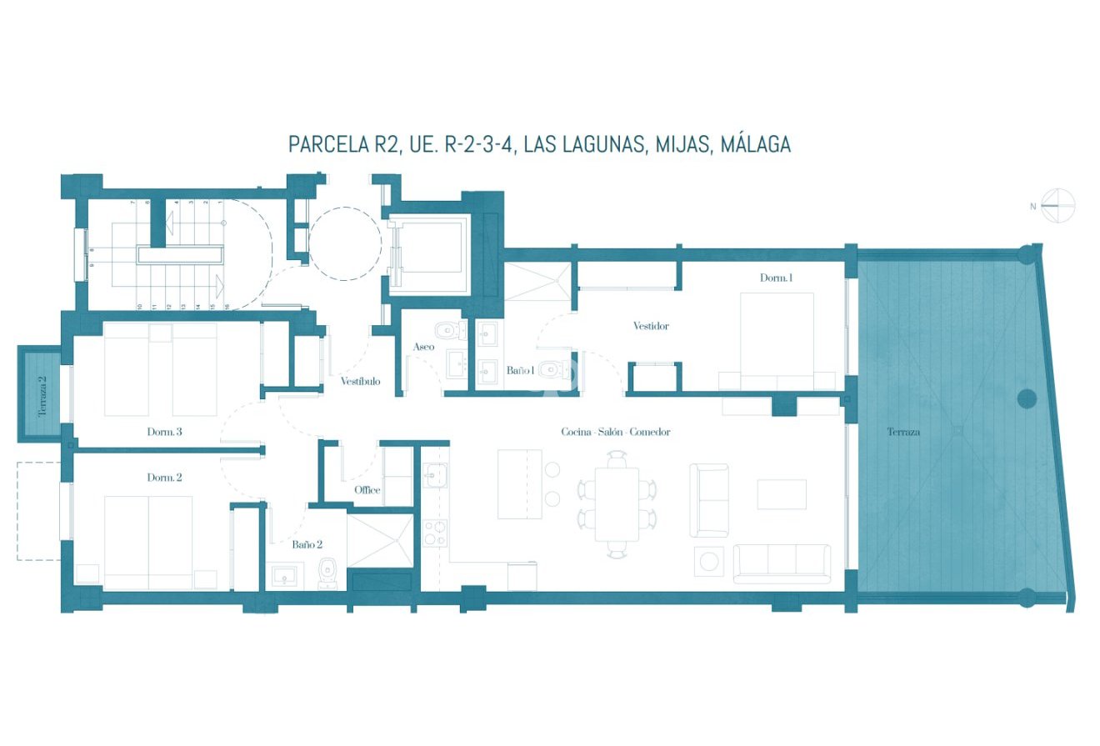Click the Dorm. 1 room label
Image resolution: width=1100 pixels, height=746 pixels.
tap(775, 278)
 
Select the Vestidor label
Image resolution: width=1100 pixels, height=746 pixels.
tap(650, 326)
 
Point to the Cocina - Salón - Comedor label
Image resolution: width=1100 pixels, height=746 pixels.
tap(615, 432)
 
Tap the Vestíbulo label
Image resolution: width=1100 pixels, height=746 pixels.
tap(360, 381)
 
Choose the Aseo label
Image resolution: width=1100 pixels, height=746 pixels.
tap(423, 347)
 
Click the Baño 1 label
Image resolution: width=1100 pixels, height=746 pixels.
tap(520, 370)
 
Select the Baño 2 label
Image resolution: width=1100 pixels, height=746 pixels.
tap(307, 544)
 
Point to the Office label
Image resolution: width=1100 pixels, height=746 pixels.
tap(367, 490)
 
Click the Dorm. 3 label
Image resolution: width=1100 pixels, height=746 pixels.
tap(164, 432)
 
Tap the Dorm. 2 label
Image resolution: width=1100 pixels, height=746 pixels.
tap(164, 478)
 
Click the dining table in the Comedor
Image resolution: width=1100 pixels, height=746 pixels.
tap(617, 503)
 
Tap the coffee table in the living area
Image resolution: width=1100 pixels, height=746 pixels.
tap(781, 493)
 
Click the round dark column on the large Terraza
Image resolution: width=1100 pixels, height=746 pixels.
tap(1027, 398)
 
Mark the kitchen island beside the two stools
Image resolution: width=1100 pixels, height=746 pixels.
tap(519, 483)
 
